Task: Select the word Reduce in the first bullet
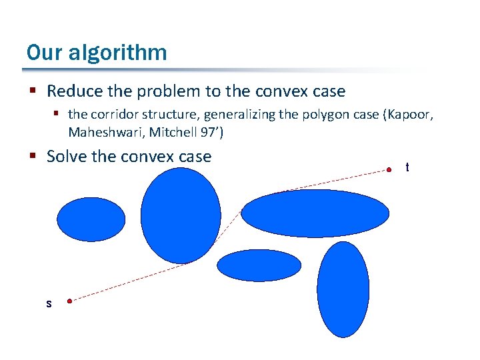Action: tap(74, 91)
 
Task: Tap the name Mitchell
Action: tap(173, 132)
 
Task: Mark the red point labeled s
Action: tap(69, 301)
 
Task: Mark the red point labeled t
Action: tap(389, 170)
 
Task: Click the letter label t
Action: tap(407, 168)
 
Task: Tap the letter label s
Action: tap(49, 304)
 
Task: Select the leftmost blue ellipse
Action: tap(91, 219)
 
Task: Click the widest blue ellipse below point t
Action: tap(315, 213)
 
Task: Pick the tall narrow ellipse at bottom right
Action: tap(343, 289)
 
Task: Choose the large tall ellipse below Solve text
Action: tap(181, 215)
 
